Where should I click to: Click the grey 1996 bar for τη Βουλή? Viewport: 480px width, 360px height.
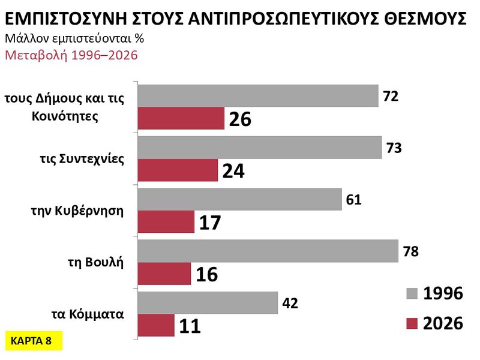268,251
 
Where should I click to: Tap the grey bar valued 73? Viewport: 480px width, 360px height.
260,147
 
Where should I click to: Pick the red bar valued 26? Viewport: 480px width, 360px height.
181,119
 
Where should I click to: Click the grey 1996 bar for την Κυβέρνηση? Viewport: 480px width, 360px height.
240,199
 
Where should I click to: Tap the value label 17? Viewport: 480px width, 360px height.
210,223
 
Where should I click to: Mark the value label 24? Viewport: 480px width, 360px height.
233,171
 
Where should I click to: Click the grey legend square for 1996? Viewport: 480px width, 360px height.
411,294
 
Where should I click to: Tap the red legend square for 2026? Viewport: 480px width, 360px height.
411,324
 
